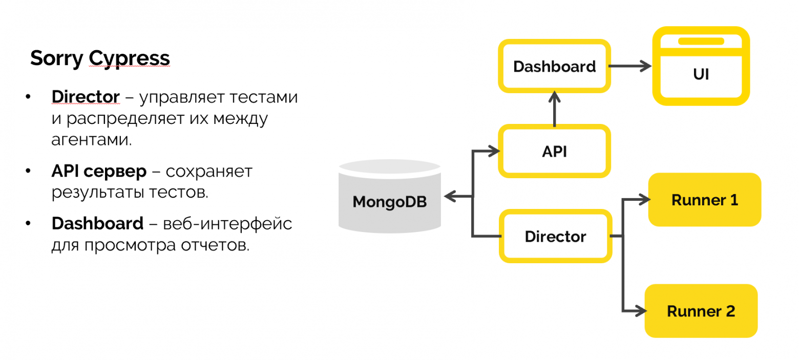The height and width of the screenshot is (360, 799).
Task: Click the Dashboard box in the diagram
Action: (555, 67)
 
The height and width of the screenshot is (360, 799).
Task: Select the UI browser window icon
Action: (701, 67)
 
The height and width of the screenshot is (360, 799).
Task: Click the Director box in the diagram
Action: (555, 237)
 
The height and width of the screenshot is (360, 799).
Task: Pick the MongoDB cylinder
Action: (389, 196)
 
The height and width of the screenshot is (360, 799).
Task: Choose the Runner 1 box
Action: (704, 200)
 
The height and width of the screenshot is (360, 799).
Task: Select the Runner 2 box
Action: (700, 311)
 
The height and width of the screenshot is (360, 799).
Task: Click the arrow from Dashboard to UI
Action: (630, 67)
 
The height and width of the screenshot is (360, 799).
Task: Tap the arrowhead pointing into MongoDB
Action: (450, 196)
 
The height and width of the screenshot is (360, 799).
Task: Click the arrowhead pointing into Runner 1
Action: (643, 200)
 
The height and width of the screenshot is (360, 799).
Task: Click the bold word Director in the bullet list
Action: (86, 97)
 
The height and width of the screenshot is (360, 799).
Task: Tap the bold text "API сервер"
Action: (99, 172)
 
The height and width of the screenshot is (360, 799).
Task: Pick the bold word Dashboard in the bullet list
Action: (97, 224)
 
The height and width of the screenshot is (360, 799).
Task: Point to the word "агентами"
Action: (91, 140)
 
